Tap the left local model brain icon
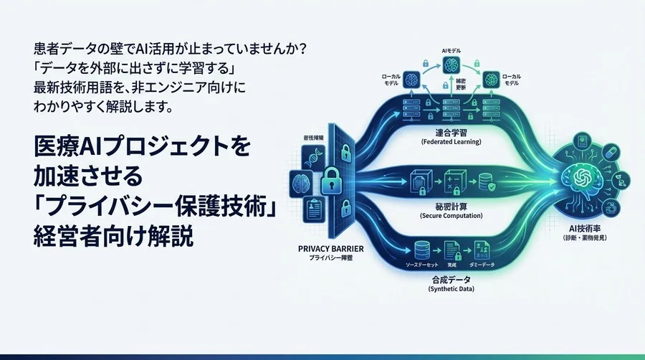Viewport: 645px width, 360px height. pos(411,78)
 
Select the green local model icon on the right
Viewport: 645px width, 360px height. pos(491,78)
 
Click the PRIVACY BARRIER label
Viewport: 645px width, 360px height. pos(328,247)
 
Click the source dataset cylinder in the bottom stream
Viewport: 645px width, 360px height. pos(422,250)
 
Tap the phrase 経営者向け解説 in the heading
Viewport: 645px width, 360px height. pos(114,237)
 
